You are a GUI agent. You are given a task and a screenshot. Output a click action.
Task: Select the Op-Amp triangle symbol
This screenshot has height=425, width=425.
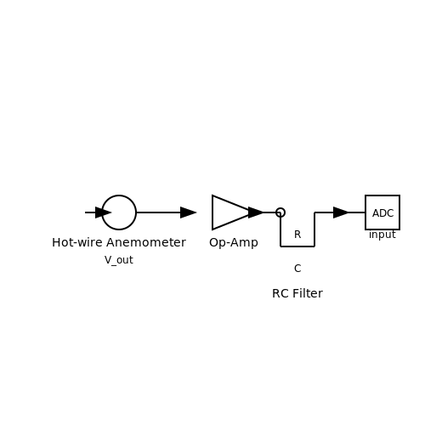click(x=212, y=212)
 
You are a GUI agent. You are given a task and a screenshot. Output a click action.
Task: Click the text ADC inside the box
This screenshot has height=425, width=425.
click(x=382, y=213)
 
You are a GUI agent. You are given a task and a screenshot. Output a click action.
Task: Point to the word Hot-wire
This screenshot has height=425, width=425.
click(x=77, y=242)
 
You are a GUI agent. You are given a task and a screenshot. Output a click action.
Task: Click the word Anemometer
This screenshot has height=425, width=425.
click(x=146, y=242)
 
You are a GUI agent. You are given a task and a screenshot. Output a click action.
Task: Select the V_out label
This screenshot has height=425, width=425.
click(x=119, y=260)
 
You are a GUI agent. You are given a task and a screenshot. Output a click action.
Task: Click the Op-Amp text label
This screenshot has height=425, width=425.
click(x=234, y=243)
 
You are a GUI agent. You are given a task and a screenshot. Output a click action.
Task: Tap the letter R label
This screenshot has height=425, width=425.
click(x=297, y=235)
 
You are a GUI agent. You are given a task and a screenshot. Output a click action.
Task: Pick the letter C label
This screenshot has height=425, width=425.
click(x=297, y=269)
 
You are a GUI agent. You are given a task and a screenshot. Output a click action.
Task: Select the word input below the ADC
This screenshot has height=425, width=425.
click(x=382, y=235)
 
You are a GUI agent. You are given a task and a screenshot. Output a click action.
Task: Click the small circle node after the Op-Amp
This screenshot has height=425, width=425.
click(x=280, y=208)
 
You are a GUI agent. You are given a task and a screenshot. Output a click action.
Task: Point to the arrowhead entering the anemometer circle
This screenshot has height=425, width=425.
click(x=103, y=212)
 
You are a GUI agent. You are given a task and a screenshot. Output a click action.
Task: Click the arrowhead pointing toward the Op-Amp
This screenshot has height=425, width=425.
click(x=189, y=212)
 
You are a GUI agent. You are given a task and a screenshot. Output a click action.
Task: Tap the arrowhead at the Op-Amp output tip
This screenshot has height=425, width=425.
click(x=256, y=212)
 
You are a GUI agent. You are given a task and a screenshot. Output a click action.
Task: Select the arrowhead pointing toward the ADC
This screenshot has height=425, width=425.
click(x=341, y=212)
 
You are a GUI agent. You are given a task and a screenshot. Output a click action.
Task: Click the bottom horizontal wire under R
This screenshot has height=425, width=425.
click(x=297, y=246)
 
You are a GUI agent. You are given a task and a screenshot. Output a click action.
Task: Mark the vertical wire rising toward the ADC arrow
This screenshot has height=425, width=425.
click(x=314, y=229)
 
